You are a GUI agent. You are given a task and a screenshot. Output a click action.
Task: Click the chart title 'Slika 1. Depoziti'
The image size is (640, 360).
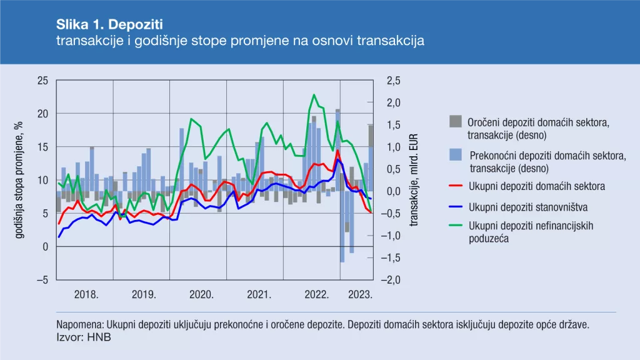click(109, 24)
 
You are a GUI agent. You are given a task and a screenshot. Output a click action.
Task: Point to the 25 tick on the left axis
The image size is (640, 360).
click(42, 81)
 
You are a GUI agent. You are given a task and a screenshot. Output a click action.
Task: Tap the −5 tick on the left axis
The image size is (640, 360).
click(42, 281)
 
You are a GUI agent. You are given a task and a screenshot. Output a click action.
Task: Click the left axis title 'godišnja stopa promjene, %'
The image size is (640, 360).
click(19, 180)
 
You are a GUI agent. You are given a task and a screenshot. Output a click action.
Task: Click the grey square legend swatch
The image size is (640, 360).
click(456, 121)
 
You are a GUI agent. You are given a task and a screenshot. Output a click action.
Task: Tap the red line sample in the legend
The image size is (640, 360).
click(456, 186)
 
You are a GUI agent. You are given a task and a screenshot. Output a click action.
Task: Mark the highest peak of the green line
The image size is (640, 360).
click(313, 95)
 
